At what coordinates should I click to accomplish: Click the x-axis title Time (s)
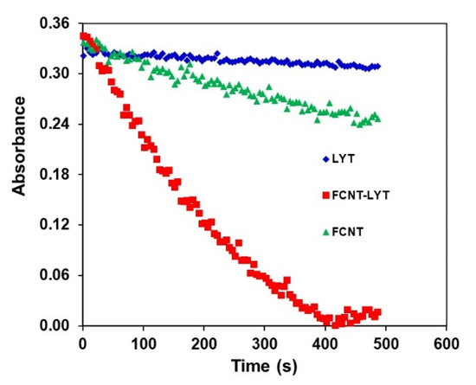pyautogui.click(x=265, y=367)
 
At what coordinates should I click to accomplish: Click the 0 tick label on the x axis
pyautogui.click(x=82, y=341)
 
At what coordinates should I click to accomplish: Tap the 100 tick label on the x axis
pyautogui.click(x=143, y=341)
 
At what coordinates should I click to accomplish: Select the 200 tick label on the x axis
pyautogui.click(x=203, y=341)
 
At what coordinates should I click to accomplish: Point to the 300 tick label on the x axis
pyautogui.click(x=265, y=341)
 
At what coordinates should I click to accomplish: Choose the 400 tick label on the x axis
pyautogui.click(x=325, y=341)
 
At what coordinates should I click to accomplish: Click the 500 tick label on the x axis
pyautogui.click(x=386, y=341)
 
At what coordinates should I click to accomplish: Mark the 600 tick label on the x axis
pyautogui.click(x=447, y=341)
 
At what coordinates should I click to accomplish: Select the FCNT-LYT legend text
pyautogui.click(x=357, y=196)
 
